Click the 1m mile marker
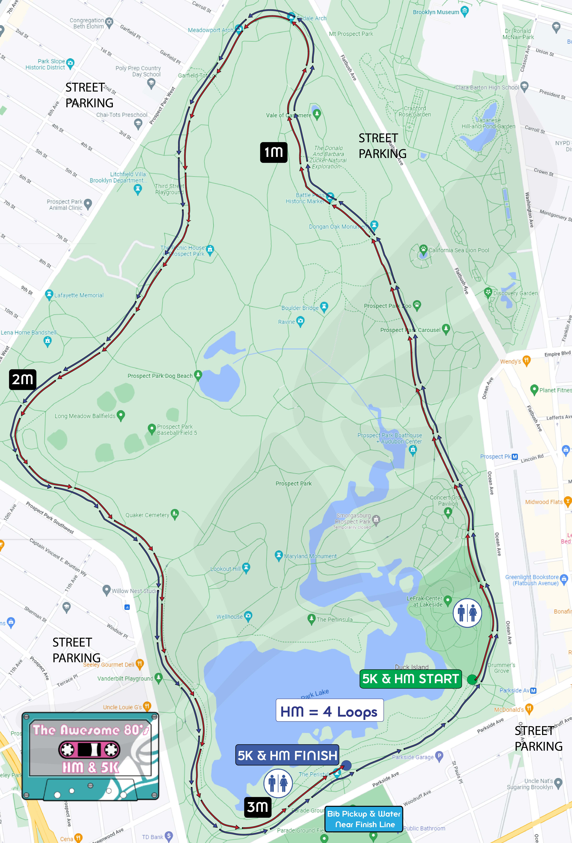point(274,152)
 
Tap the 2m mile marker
point(23,379)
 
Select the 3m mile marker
point(258,807)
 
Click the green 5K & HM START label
point(410,679)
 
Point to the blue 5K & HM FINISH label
point(287,755)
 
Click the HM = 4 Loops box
point(329,712)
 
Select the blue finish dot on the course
point(346,765)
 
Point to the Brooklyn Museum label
point(436,12)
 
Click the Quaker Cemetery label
point(147,515)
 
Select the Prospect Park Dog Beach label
point(160,376)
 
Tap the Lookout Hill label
point(226,569)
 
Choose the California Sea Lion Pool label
point(459,250)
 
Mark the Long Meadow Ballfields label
point(85,416)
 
